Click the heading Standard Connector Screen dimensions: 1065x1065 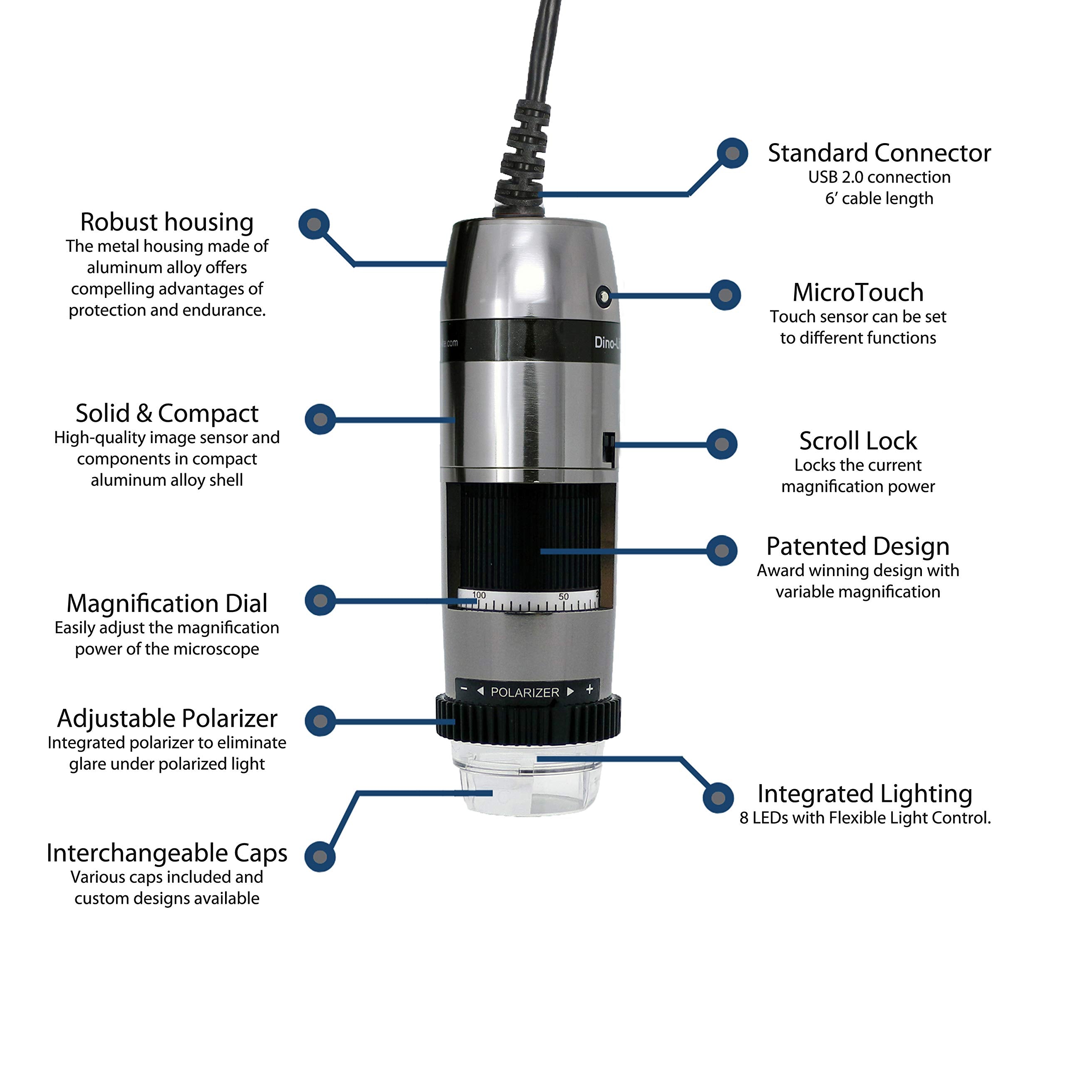click(x=879, y=153)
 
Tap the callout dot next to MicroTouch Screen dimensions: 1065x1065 click(x=725, y=295)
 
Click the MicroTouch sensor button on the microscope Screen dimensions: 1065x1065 click(x=604, y=297)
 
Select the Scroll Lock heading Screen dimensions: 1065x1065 click(x=858, y=441)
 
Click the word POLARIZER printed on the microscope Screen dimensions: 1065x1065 click(x=524, y=692)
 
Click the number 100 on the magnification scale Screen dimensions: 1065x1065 click(x=479, y=595)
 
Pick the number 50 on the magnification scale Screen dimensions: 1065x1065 click(x=563, y=597)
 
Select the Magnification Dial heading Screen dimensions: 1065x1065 click(x=167, y=604)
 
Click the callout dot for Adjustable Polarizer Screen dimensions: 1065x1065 click(x=320, y=721)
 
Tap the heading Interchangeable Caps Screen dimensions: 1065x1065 click(x=167, y=853)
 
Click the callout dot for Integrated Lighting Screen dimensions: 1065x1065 click(x=718, y=797)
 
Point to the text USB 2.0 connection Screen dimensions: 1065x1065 click(x=879, y=178)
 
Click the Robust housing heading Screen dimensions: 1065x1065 click(x=167, y=222)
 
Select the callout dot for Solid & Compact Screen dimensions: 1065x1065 click(x=320, y=419)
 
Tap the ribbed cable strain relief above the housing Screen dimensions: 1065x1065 click(x=524, y=154)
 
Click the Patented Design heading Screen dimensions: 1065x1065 click(x=858, y=546)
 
